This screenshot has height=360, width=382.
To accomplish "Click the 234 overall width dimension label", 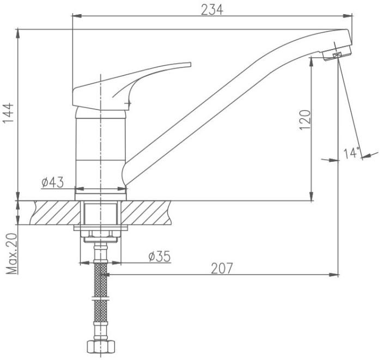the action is tap(212, 10).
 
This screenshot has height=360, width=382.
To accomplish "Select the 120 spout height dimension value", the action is tap(305, 120).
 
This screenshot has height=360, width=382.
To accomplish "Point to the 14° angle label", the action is tap(351, 152).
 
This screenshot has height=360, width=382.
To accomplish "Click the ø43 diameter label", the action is tap(52, 182).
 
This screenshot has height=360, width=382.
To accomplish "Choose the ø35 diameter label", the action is tap(160, 257).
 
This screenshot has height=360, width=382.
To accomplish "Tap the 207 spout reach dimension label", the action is tap(222, 269).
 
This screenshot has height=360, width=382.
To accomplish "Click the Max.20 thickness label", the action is tap(11, 254).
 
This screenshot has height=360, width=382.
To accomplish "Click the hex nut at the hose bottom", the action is tap(101, 346).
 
